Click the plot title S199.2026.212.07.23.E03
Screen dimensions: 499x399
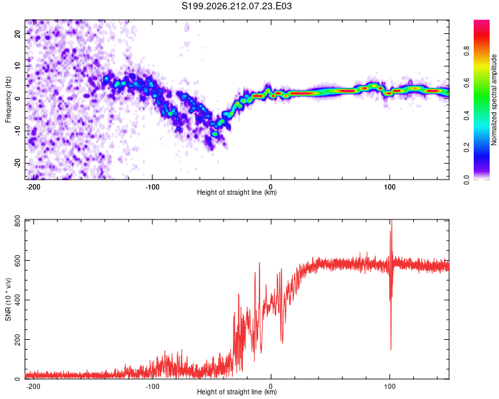(x=236, y=6)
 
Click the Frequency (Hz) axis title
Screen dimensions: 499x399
(x=8, y=99)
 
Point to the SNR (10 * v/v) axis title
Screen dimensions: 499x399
(x=8, y=299)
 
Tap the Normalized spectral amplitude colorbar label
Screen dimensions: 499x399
(x=494, y=100)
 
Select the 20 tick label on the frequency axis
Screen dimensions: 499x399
(x=17, y=33)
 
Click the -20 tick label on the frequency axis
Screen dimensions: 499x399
(x=17, y=163)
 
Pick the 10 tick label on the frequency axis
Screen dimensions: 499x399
(x=17, y=66)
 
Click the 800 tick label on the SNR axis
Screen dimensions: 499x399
(x=17, y=221)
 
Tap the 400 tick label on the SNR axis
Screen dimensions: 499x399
(x=17, y=300)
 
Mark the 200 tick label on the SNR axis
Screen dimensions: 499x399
(x=17, y=340)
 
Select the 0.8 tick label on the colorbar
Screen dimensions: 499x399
(x=466, y=51)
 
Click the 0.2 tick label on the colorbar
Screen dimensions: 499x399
(x=466, y=148)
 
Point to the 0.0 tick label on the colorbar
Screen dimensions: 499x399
(x=466, y=180)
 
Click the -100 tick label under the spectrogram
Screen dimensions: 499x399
(x=152, y=187)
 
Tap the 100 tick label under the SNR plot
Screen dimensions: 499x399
(x=389, y=386)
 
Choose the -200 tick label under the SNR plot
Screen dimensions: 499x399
(x=33, y=386)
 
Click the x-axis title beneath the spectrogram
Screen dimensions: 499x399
(x=237, y=192)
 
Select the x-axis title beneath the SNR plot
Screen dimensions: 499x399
(x=237, y=392)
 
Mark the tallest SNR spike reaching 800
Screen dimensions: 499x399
(x=391, y=220)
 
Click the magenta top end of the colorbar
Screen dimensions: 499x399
(x=482, y=21)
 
